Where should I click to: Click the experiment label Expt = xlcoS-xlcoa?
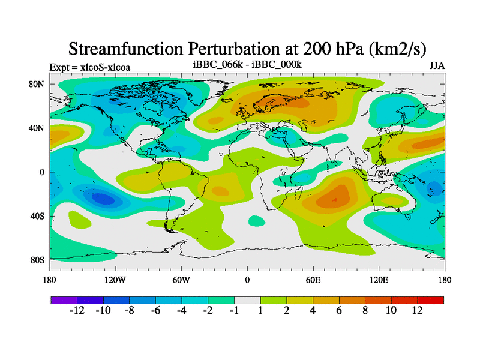coord(90,67)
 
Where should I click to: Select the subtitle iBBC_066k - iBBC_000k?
coord(247,64)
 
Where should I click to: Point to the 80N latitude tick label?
coord(37,84)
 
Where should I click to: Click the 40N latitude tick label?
coord(37,128)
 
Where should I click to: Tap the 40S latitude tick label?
coord(37,216)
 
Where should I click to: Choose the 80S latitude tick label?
coord(37,260)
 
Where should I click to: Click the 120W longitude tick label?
coord(115,280)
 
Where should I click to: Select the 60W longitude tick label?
coord(181,280)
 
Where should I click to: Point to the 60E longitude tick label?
coord(313,280)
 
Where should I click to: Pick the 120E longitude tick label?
coord(379,280)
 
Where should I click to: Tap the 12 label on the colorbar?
coord(417,311)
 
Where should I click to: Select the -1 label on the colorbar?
coord(234,311)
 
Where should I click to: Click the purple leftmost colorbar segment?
coord(64,299)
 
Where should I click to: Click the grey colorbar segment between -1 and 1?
coord(247,299)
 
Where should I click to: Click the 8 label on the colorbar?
coord(365,311)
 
